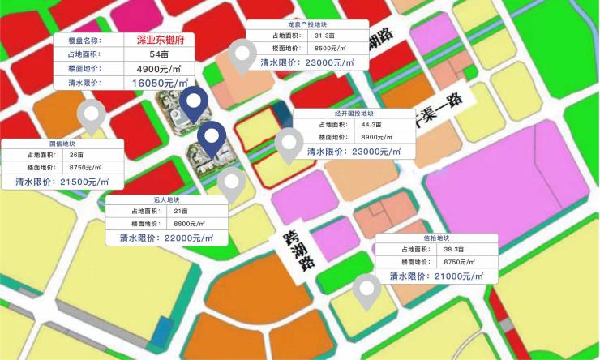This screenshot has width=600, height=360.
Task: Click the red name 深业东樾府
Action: pyautogui.click(x=160, y=40)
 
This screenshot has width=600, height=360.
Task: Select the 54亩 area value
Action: pyautogui.click(x=160, y=54)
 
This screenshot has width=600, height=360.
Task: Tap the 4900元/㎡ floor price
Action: pyautogui.click(x=160, y=68)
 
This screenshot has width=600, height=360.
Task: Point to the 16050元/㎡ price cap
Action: pyautogui.click(x=160, y=83)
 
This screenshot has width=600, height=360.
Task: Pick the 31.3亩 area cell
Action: pyautogui.click(x=331, y=36)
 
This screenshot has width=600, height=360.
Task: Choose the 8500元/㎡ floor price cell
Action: pyautogui.click(x=331, y=49)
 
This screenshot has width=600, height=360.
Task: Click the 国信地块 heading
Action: pyautogui.click(x=62, y=144)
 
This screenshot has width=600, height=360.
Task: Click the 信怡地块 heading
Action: pyautogui.click(x=435, y=238)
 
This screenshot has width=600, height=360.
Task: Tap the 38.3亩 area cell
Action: pyautogui.click(x=452, y=251)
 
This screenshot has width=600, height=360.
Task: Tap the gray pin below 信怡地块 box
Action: pyautogui.click(x=367, y=290)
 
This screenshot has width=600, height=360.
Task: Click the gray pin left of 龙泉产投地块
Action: pyautogui.click(x=242, y=55)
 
